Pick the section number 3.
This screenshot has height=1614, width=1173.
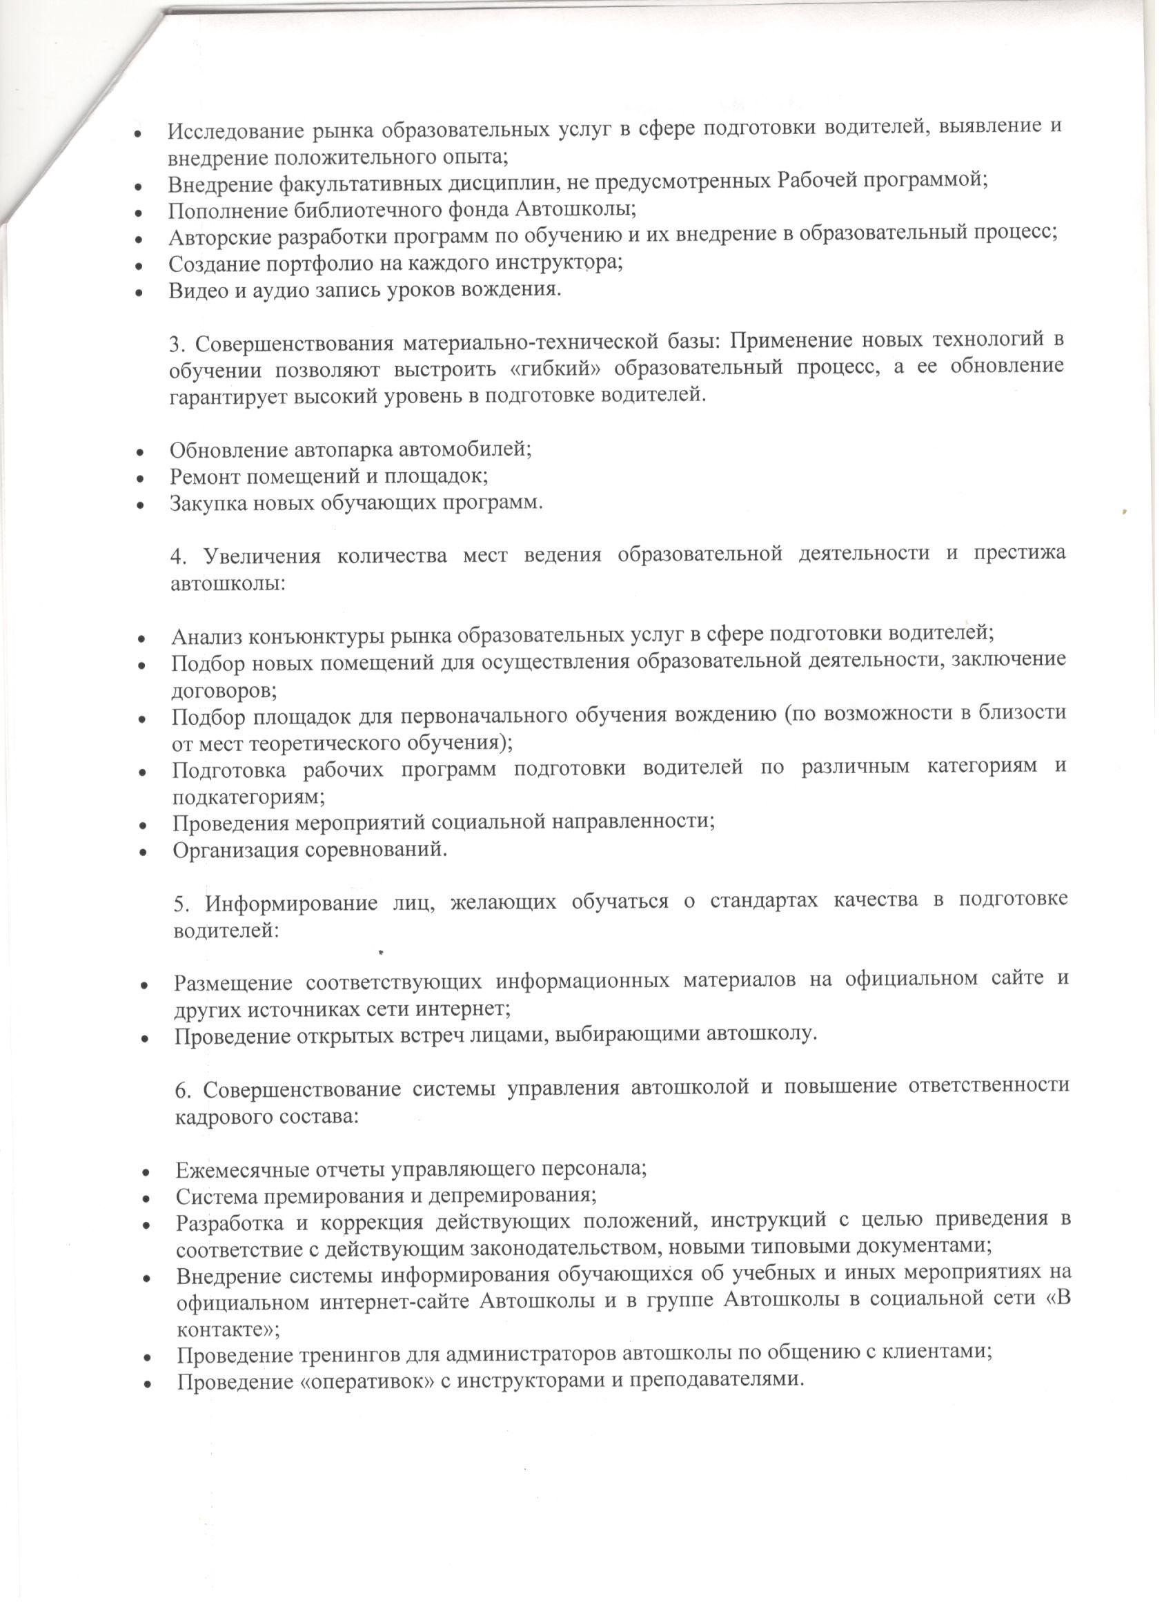pos(177,344)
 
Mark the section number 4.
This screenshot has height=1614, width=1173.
pos(178,556)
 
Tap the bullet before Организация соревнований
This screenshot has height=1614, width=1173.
pos(144,852)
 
